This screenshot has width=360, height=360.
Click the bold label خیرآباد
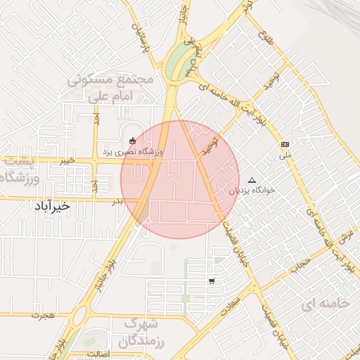tap(52, 206)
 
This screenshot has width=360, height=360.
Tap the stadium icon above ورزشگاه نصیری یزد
tap(133, 139)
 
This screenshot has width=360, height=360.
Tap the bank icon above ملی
tap(285, 144)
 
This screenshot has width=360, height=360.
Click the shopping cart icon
tap(212, 281)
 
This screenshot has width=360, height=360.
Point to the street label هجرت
tap(43, 316)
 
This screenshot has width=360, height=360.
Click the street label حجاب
tap(302, 264)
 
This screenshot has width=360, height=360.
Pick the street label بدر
tap(118, 202)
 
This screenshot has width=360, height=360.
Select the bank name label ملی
tap(285, 155)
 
